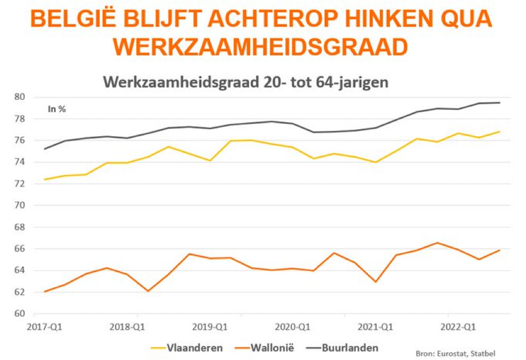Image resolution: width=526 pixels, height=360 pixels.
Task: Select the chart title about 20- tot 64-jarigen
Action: click(246, 82)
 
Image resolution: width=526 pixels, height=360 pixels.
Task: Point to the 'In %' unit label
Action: click(57, 109)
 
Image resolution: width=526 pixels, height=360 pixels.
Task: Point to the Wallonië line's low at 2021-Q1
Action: click(376, 282)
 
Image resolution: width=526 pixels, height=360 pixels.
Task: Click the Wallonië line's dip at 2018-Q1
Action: click(148, 291)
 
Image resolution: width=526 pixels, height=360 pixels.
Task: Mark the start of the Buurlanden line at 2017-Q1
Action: click(45, 149)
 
